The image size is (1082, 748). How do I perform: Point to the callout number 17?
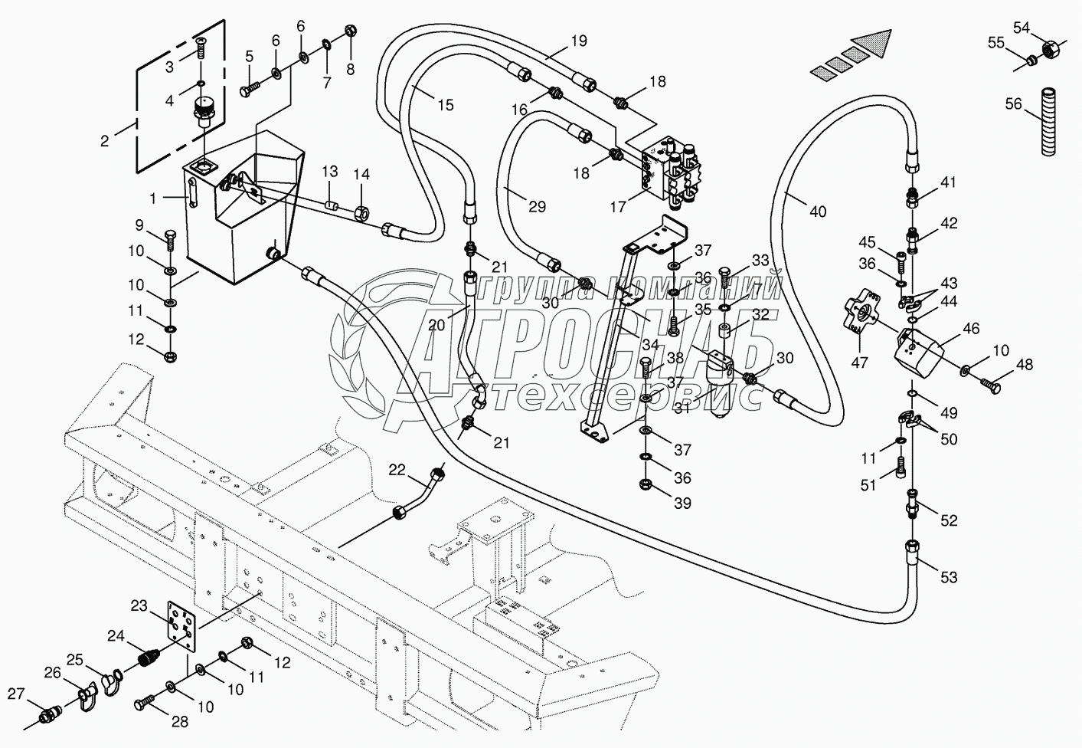(617, 207)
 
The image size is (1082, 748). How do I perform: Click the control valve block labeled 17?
(672, 170)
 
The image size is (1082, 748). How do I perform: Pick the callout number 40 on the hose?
(818, 211)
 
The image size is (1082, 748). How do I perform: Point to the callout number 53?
(949, 576)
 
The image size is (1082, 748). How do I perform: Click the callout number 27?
(17, 694)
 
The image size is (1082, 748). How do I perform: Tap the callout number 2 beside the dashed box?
(106, 140)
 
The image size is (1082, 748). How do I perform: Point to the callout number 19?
(578, 41)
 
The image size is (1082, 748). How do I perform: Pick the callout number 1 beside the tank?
(153, 198)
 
